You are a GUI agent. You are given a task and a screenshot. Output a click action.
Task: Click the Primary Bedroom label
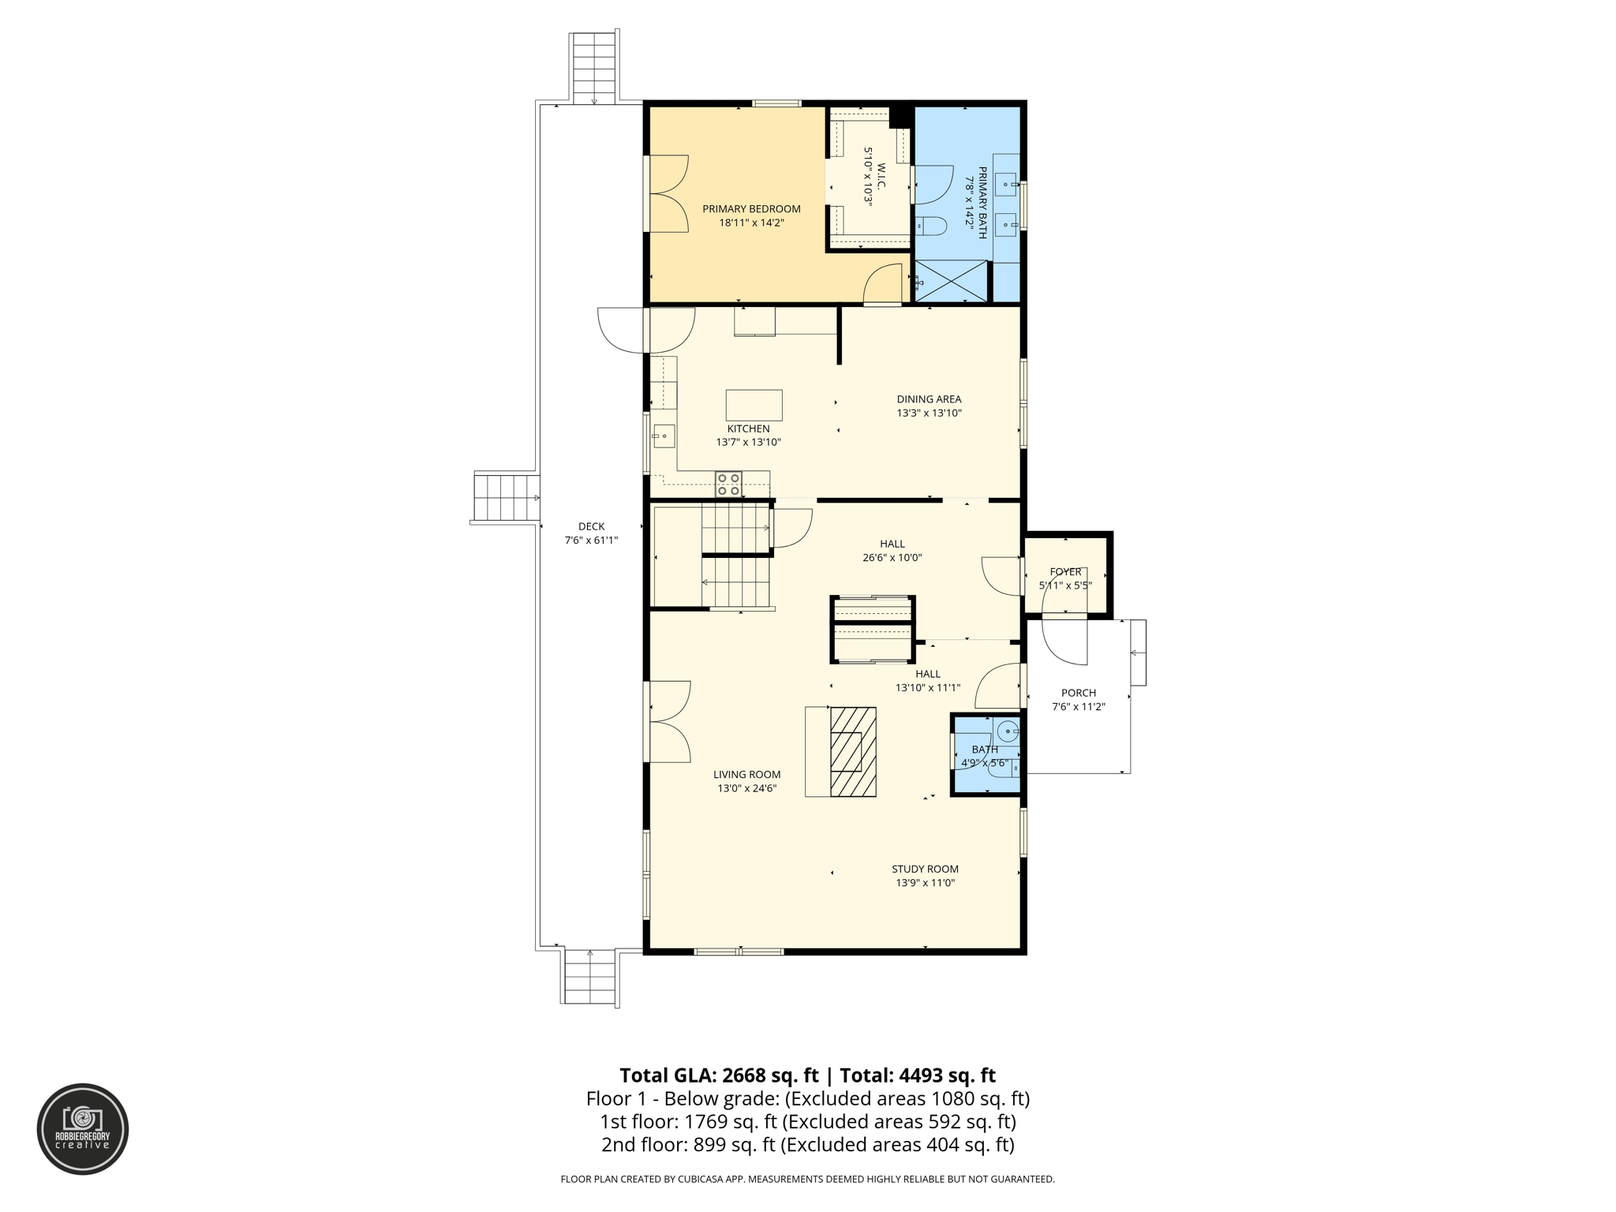[751, 209]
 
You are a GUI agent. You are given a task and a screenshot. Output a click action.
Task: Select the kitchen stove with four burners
[728, 484]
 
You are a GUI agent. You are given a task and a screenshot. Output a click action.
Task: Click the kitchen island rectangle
[754, 405]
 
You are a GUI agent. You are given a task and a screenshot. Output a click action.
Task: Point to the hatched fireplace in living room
[853, 751]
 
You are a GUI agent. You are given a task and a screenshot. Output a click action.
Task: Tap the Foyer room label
[1065, 571]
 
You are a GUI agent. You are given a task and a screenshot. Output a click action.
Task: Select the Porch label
[1079, 693]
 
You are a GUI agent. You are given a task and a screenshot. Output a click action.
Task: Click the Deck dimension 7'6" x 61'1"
[591, 541]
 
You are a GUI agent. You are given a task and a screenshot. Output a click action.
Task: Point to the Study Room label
[925, 869]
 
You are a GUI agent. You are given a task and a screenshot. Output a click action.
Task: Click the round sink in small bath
[1008, 731]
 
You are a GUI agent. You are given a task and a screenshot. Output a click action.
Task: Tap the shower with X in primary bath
[951, 281]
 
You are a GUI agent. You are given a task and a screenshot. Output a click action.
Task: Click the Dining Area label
[929, 399]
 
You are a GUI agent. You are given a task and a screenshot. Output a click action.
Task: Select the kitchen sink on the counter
[664, 436]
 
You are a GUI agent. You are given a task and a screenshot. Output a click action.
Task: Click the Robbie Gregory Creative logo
[83, 1129]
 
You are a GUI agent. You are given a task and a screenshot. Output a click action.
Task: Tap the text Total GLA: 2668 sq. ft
[719, 1075]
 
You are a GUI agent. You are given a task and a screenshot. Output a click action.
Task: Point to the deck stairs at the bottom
[590, 976]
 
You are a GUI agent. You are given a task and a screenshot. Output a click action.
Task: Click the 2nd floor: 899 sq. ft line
[807, 1145]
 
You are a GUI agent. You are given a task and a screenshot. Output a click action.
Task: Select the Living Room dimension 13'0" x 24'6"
[746, 788]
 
